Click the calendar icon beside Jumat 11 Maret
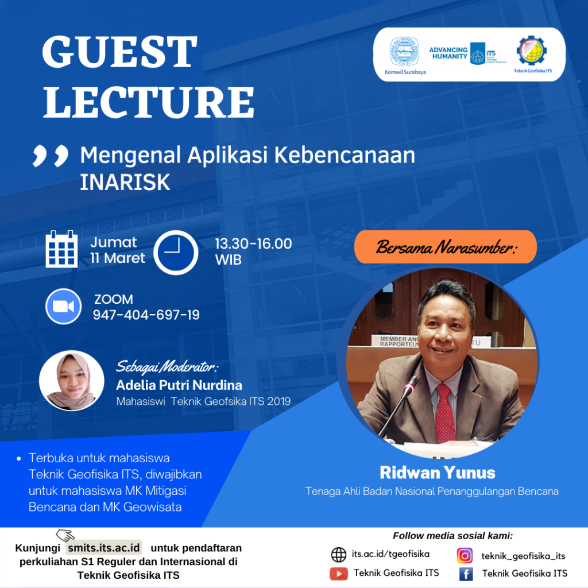click(61, 249)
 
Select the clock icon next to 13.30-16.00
click(176, 253)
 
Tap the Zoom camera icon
click(63, 306)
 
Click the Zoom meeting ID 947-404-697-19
click(146, 315)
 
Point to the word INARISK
click(125, 182)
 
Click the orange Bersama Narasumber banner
click(446, 247)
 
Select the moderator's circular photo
click(72, 381)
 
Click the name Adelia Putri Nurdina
click(179, 385)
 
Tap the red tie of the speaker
click(445, 414)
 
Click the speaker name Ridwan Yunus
click(438, 473)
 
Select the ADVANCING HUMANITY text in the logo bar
click(448, 53)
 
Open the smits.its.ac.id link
click(104, 548)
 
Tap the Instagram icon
click(465, 555)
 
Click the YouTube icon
click(339, 574)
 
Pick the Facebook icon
click(466, 574)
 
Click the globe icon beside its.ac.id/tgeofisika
click(339, 555)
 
